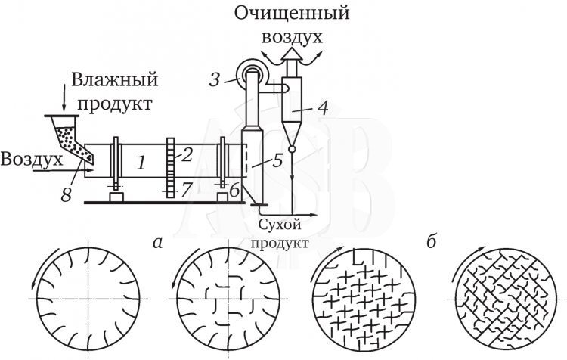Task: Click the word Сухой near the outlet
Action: pyautogui.click(x=279, y=225)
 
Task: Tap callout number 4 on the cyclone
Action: pyautogui.click(x=322, y=107)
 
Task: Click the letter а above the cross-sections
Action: pyautogui.click(x=156, y=243)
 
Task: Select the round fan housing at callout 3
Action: pyautogui.click(x=249, y=73)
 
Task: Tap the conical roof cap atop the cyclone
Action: pyautogui.click(x=291, y=55)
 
